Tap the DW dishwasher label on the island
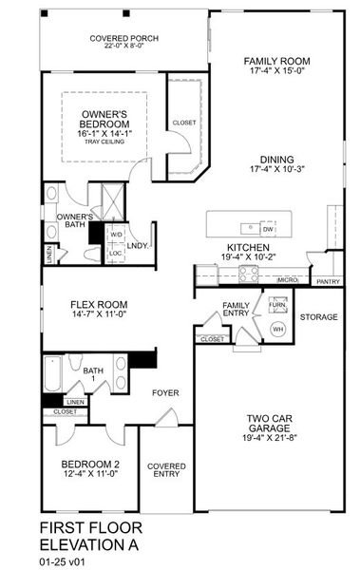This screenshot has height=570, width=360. [268, 229]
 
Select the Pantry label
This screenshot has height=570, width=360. [328, 281]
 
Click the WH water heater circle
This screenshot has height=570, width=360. [278, 329]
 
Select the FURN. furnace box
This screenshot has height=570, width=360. [277, 306]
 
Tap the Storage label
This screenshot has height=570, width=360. [319, 318]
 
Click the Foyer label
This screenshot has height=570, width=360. [167, 391]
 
